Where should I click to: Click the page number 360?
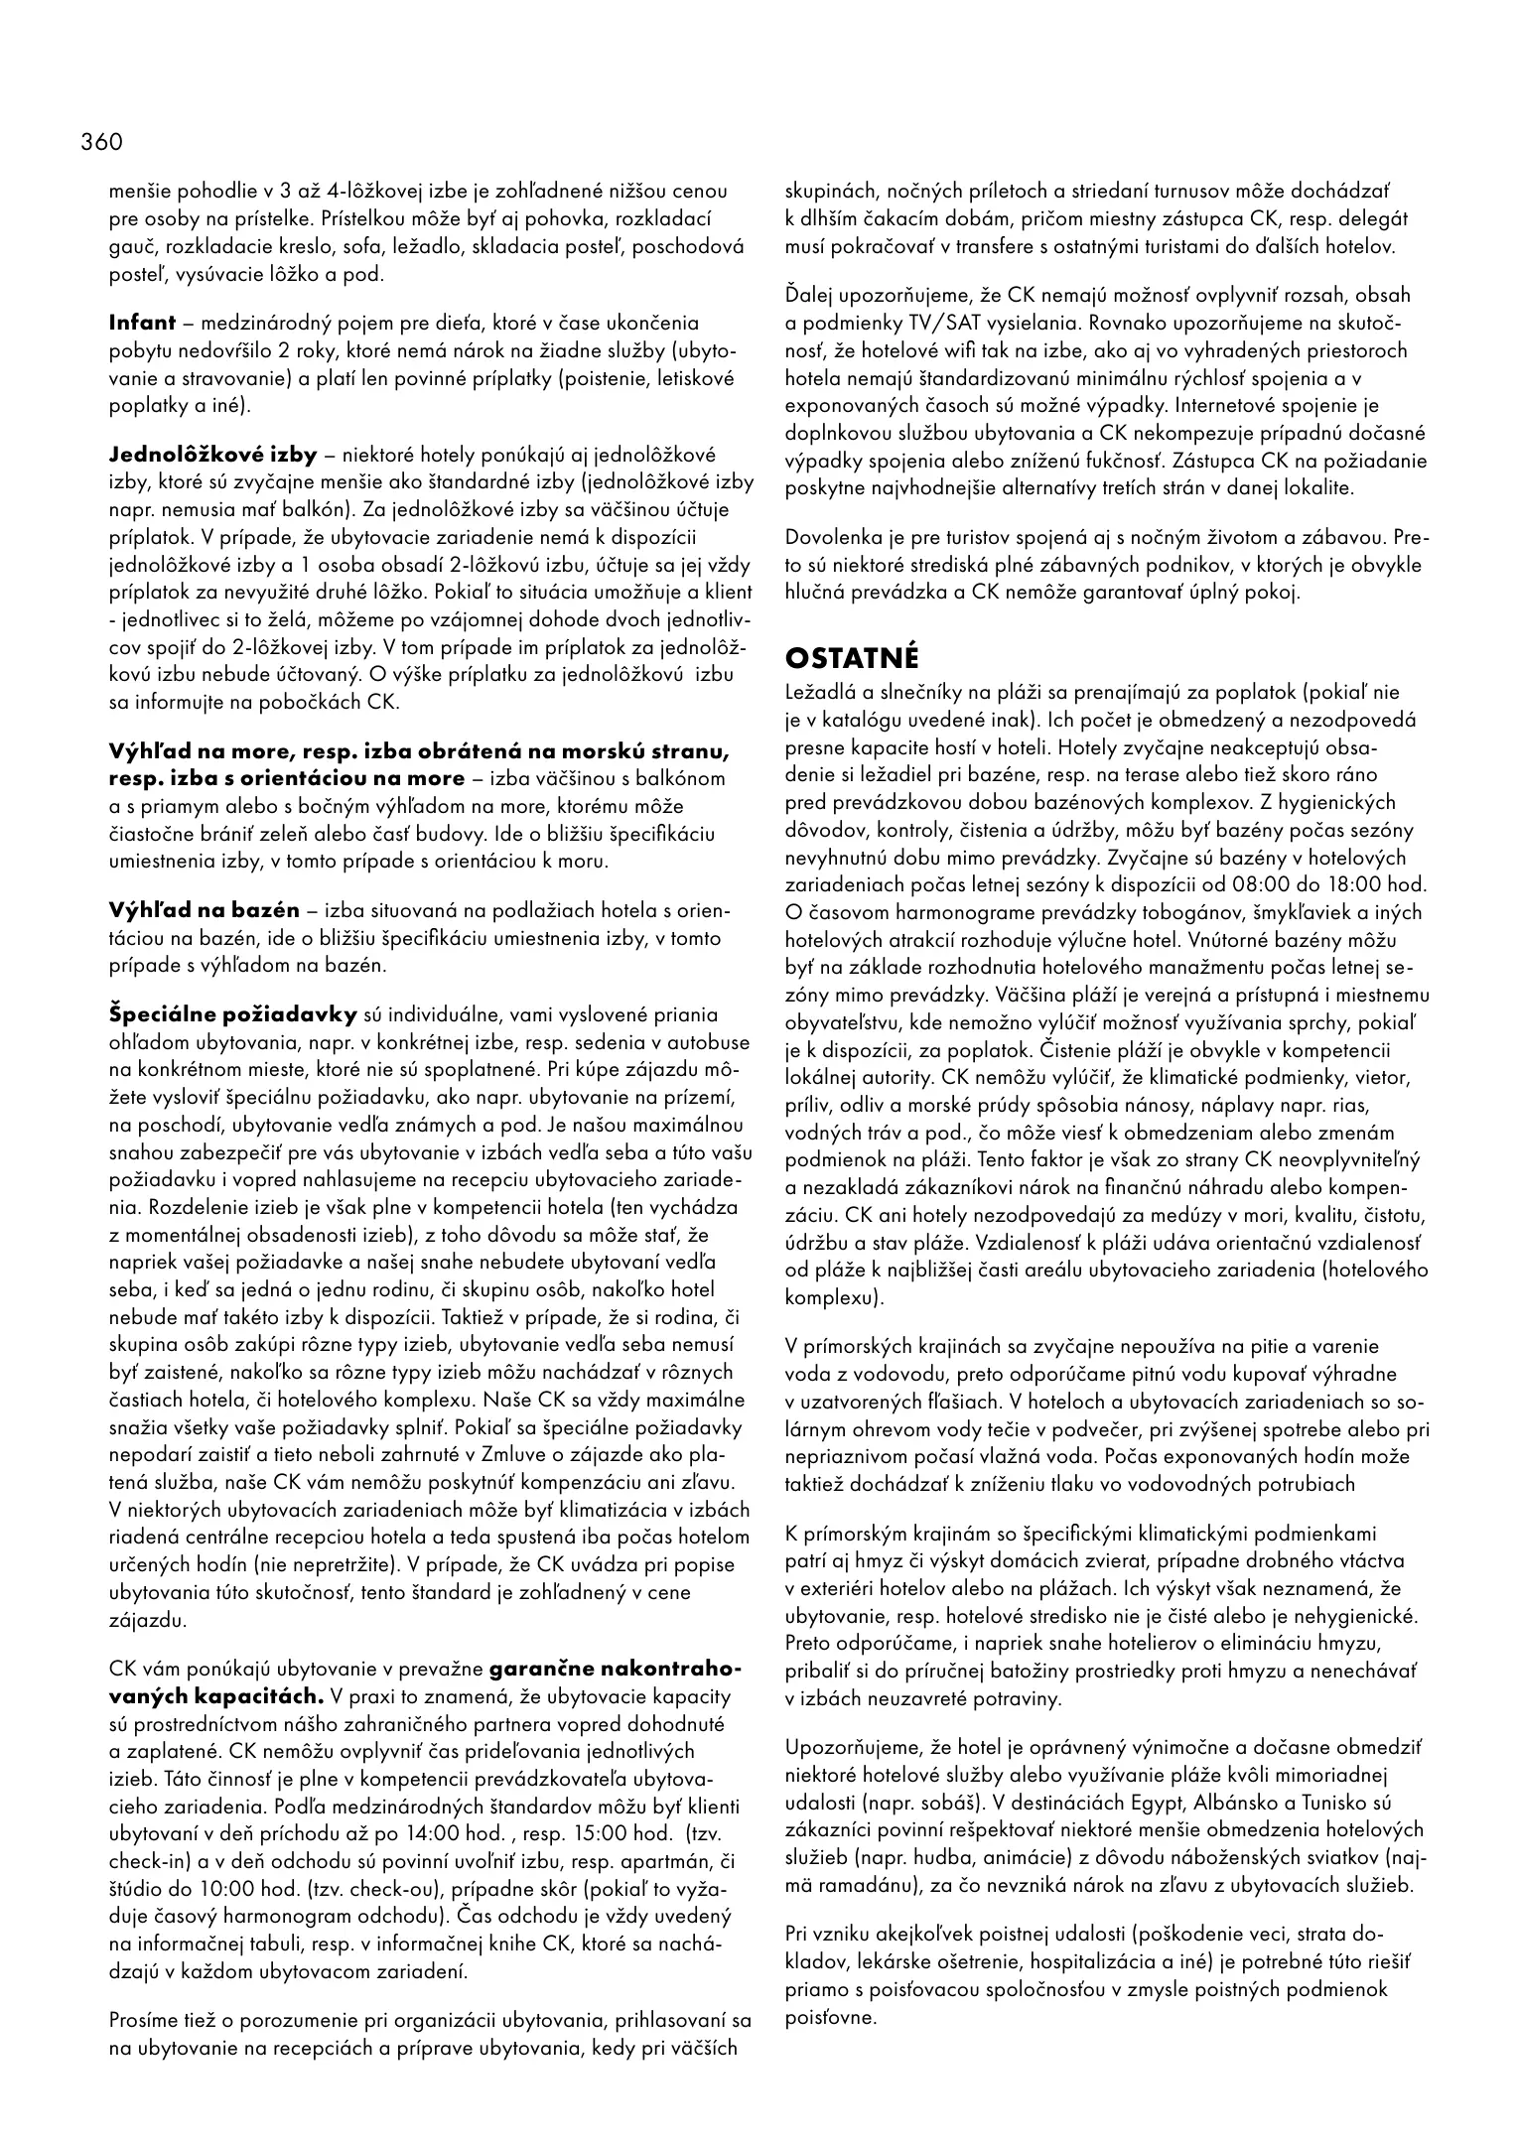coord(101,142)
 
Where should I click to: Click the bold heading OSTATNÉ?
coord(853,658)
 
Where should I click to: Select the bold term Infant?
coord(142,323)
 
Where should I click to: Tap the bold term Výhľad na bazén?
coord(204,910)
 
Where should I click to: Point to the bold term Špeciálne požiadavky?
coord(232,1014)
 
